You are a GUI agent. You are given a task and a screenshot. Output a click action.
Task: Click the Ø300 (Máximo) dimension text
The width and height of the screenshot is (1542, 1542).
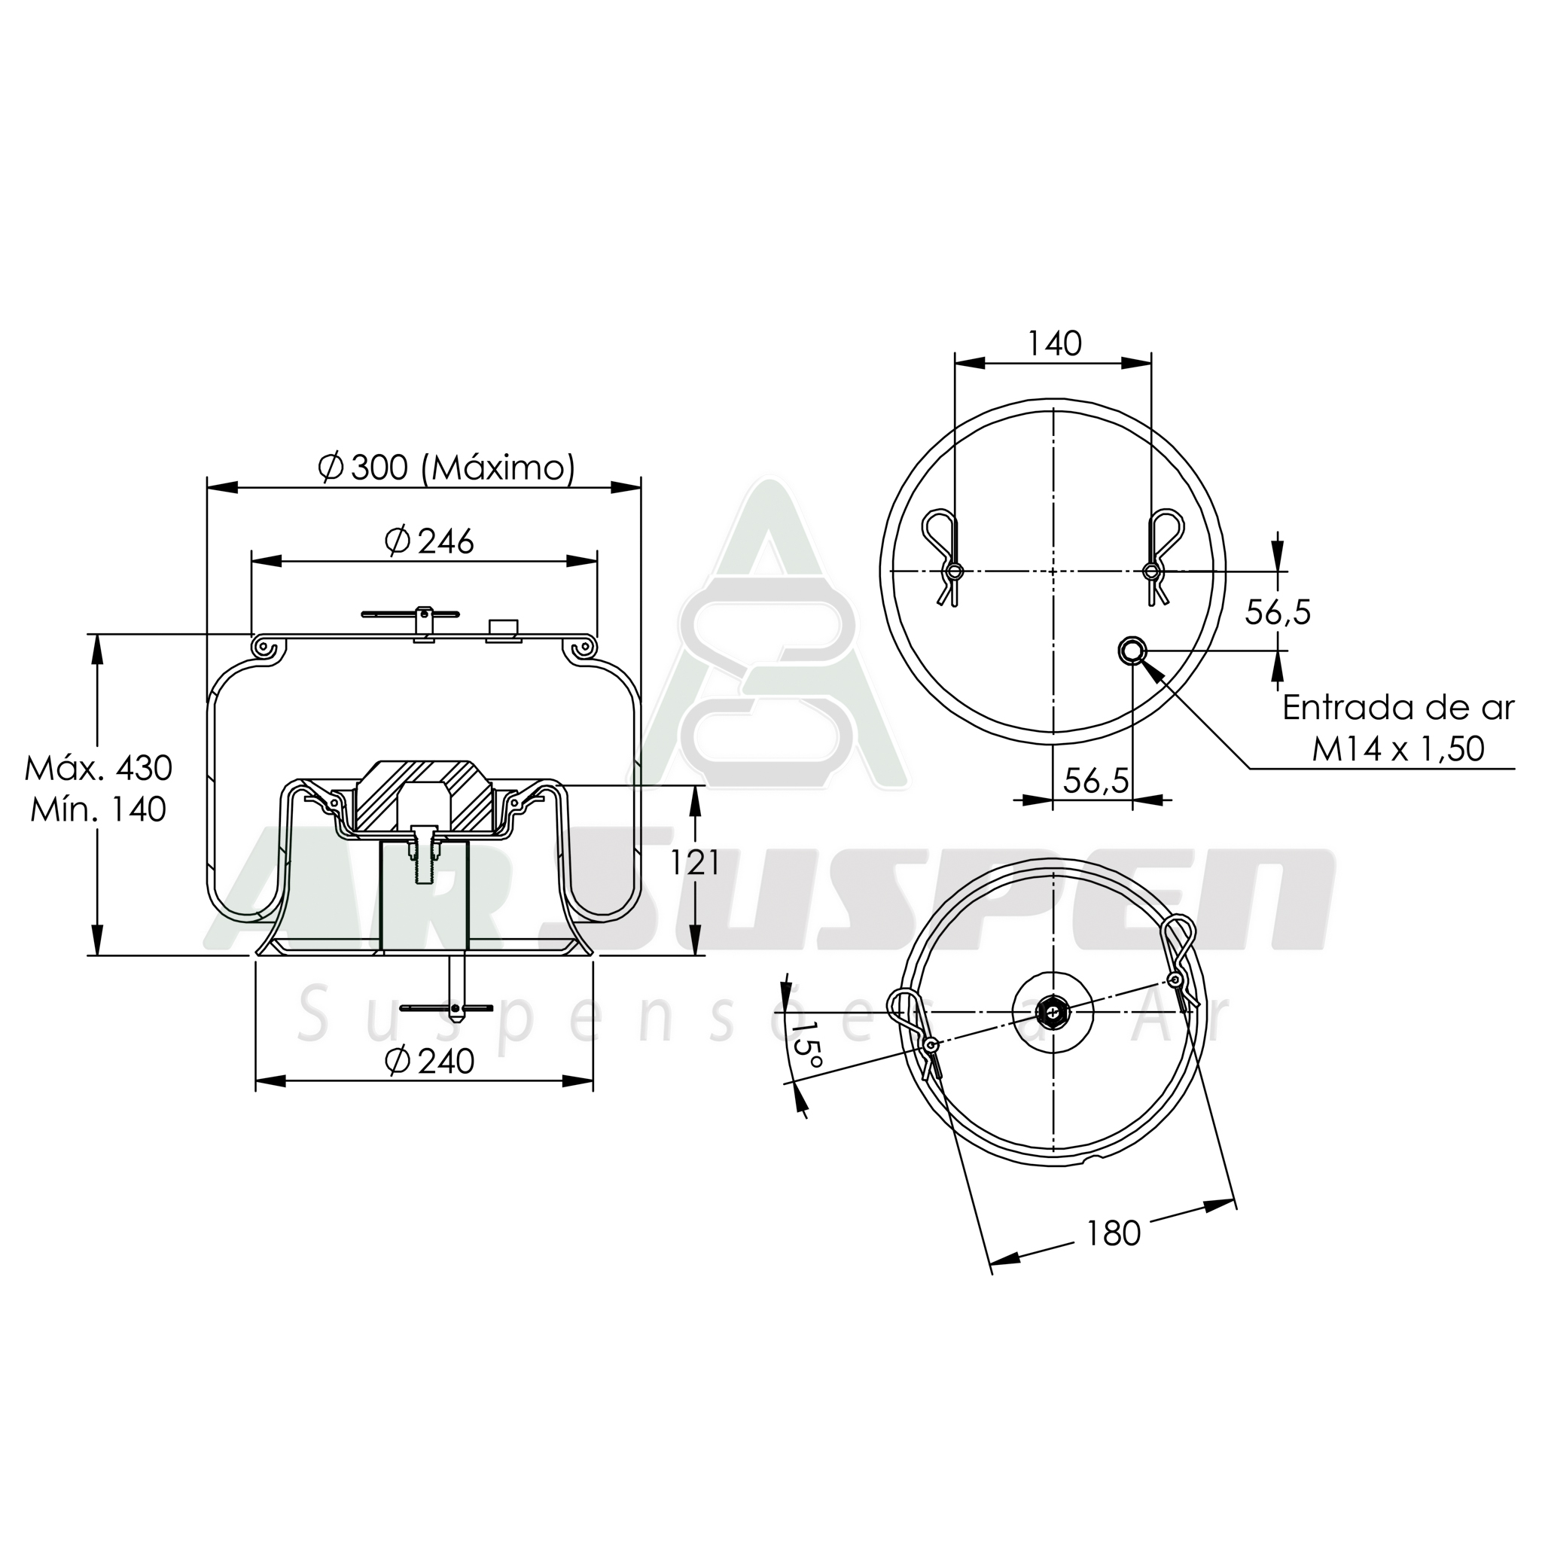click(x=446, y=468)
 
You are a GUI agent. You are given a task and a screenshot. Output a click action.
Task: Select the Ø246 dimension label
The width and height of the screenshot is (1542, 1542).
click(x=429, y=542)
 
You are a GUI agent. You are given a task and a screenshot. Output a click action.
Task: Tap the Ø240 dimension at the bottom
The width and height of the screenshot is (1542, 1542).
click(x=429, y=1061)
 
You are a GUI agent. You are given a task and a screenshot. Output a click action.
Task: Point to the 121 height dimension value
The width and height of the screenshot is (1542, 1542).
click(x=693, y=862)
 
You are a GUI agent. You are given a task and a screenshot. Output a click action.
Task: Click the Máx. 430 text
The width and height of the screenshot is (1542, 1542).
click(x=98, y=768)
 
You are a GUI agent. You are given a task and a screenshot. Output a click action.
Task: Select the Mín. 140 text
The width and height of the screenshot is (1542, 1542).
click(x=98, y=809)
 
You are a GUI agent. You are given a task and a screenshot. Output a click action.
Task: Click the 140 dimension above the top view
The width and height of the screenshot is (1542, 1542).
click(x=1053, y=344)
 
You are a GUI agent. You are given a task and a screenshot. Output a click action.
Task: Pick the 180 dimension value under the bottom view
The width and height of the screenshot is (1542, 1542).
click(x=1113, y=1234)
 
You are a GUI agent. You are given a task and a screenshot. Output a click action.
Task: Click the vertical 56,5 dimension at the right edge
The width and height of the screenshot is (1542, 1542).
click(x=1278, y=612)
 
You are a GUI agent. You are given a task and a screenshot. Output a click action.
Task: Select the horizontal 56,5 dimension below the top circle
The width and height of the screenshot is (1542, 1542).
click(x=1096, y=780)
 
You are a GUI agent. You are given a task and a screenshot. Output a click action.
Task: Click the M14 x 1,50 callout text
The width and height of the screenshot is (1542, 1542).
click(x=1397, y=748)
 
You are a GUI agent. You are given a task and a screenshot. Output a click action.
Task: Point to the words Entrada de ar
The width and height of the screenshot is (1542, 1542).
click(x=1397, y=708)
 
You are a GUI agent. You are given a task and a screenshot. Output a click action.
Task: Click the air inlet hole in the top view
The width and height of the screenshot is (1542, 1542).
click(x=1132, y=651)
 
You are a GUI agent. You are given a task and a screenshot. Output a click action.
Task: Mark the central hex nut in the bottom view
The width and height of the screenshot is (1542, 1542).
click(x=1053, y=1013)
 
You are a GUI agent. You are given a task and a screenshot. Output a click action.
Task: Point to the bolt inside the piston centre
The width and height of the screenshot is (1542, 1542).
click(x=423, y=852)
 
